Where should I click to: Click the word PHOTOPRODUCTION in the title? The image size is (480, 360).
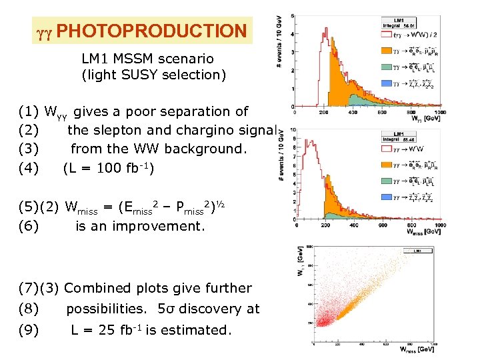151,31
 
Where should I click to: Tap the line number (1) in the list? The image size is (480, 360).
29,111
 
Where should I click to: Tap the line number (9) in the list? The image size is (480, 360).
29,329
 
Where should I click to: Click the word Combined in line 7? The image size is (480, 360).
95,288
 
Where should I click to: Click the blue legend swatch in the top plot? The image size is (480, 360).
385,83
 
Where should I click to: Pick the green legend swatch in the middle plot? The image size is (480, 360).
385,181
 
